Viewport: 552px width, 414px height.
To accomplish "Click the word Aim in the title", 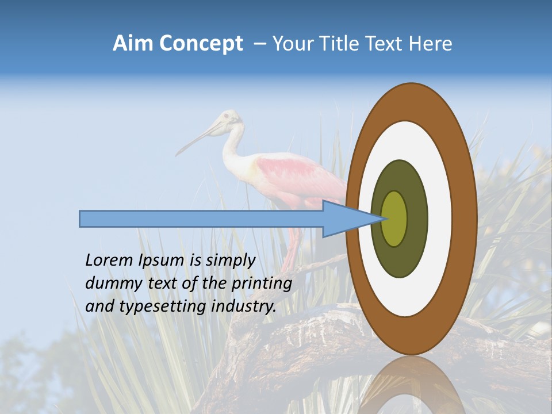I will pyautogui.click(x=133, y=44).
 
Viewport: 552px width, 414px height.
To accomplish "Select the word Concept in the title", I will pyautogui.click(x=201, y=44).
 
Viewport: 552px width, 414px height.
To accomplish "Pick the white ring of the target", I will pyautogui.click(x=440, y=218).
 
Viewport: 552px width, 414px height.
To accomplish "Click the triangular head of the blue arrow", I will pyautogui.click(x=345, y=218).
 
